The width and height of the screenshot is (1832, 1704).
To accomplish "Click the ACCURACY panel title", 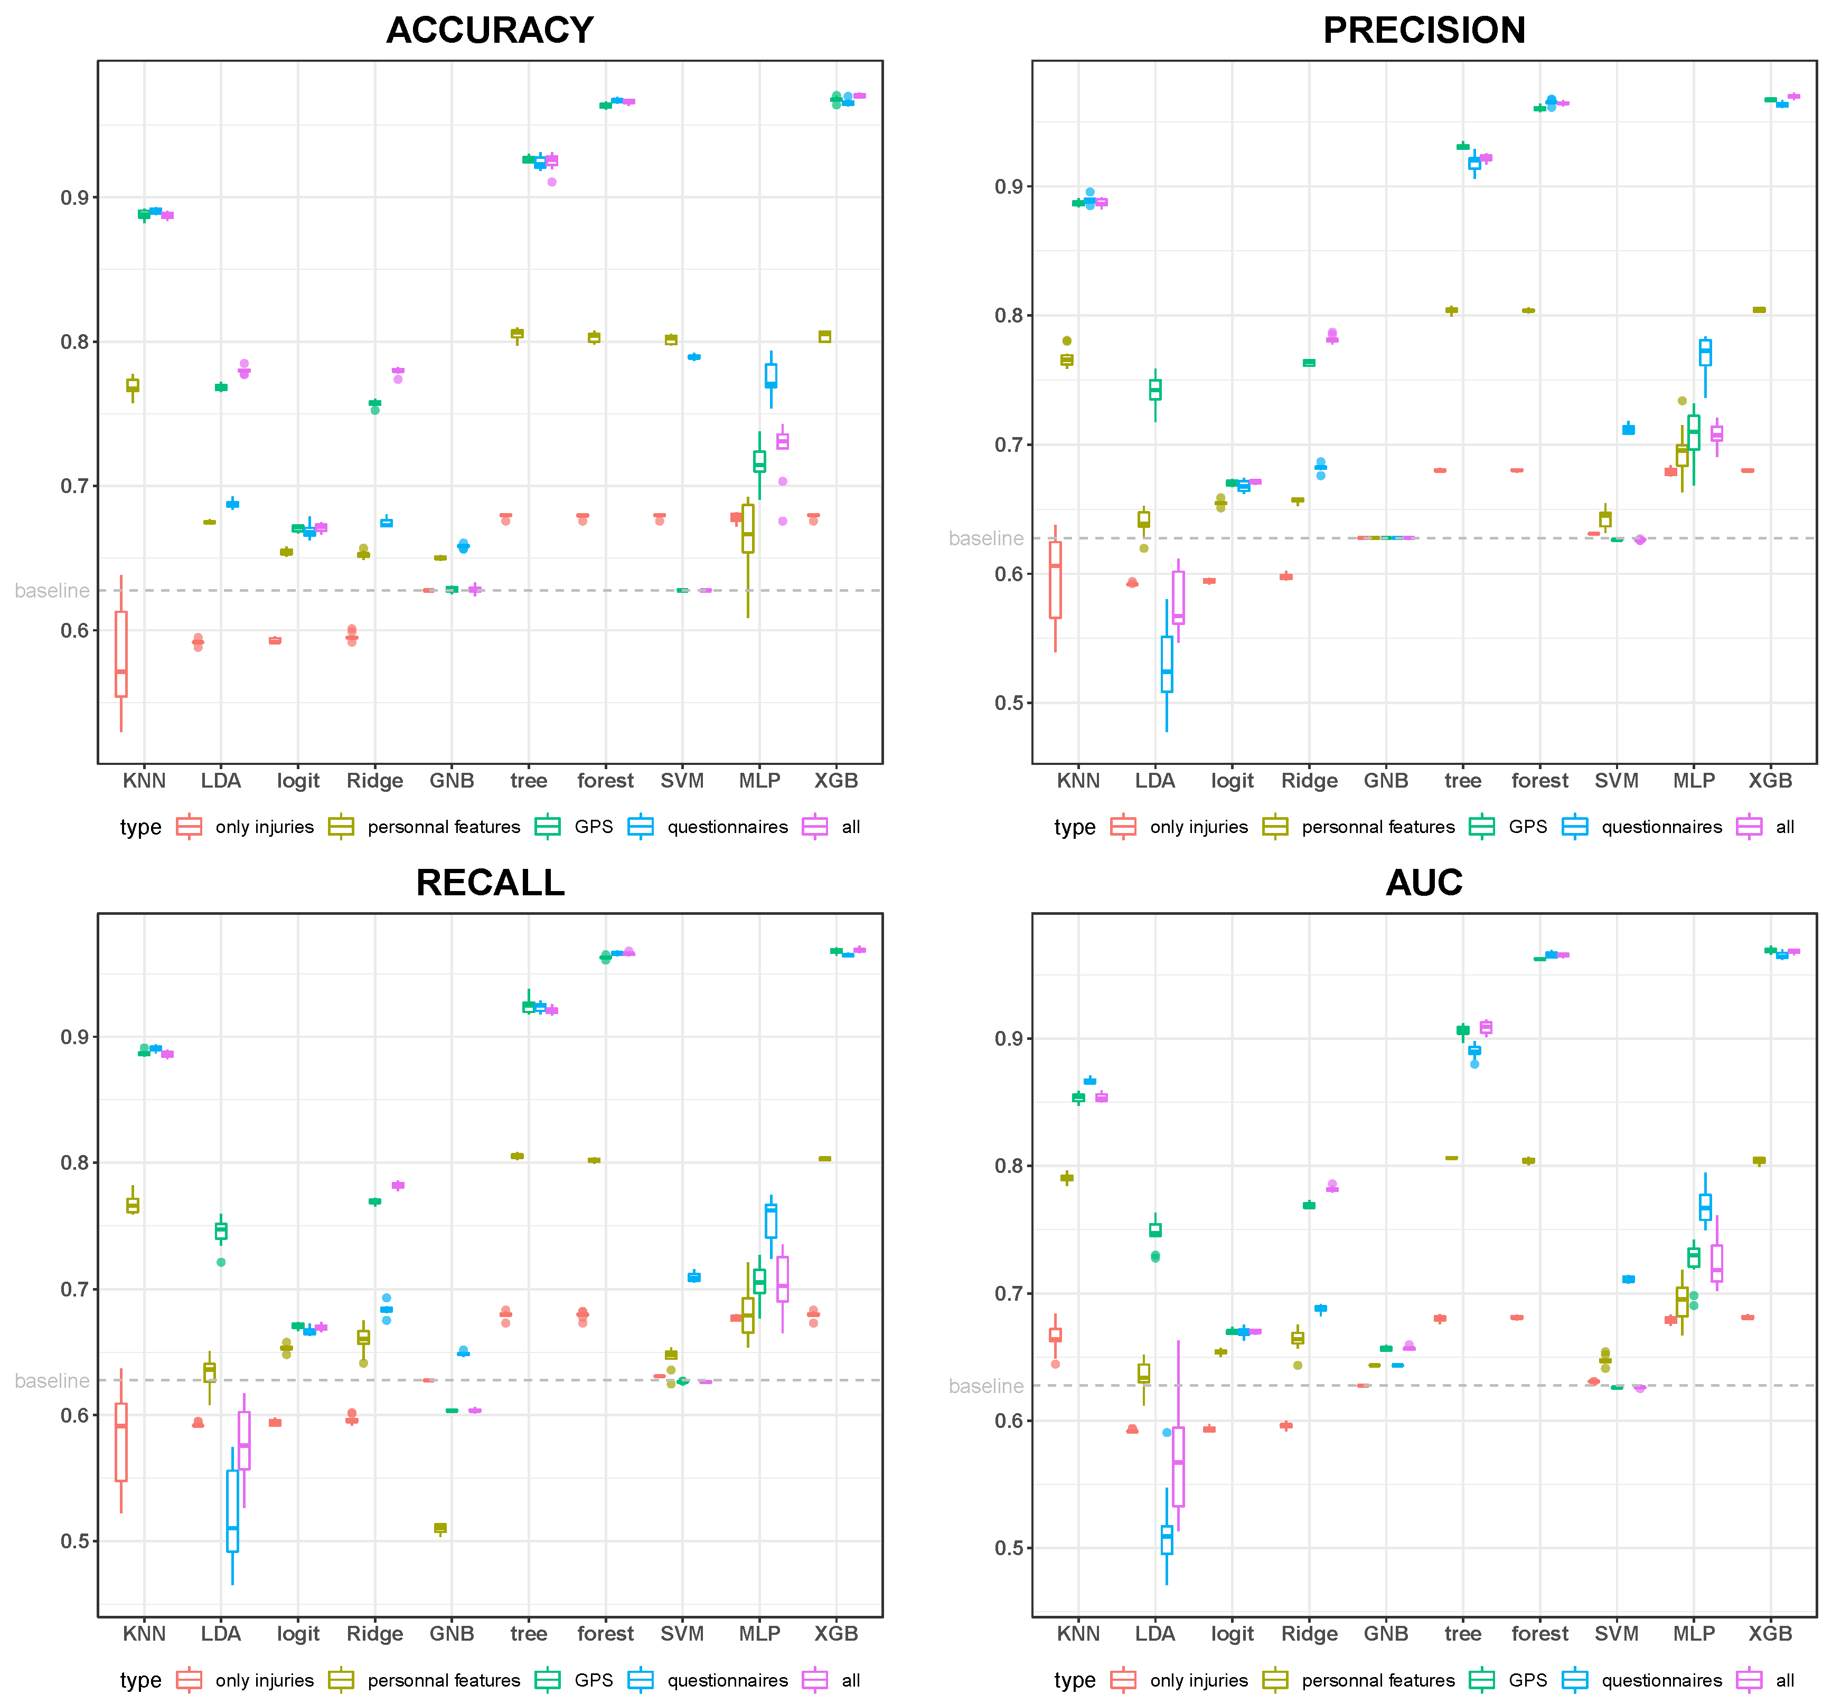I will tap(490, 31).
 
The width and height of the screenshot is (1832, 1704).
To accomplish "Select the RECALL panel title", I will tap(490, 883).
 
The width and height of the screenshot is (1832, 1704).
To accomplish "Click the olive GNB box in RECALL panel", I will tap(440, 1527).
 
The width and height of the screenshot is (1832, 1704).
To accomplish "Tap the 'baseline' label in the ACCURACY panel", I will tap(52, 590).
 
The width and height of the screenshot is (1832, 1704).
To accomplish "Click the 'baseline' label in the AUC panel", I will tap(986, 1386).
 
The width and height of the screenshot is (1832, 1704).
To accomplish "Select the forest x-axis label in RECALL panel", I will tap(605, 1634).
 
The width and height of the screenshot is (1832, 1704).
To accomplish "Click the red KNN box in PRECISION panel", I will tap(1055, 580).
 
